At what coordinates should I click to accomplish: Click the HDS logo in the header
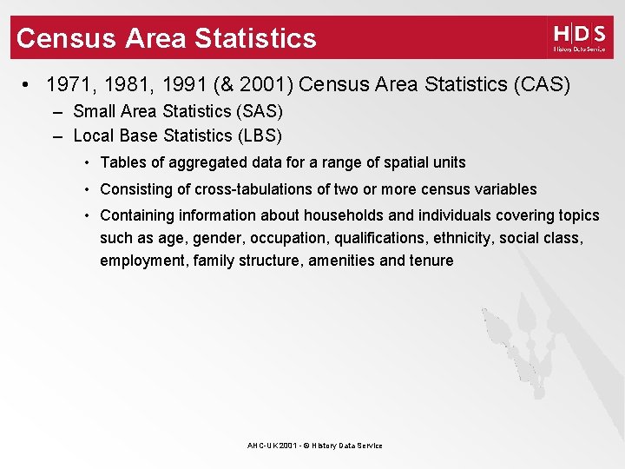[x=579, y=38]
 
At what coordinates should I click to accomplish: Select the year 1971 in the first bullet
[x=66, y=85]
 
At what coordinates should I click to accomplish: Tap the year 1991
[x=172, y=85]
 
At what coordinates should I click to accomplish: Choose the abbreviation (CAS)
[x=542, y=85]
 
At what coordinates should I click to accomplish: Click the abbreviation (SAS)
[x=261, y=111]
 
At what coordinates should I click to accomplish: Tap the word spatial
[x=408, y=162]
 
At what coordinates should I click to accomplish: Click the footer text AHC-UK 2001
[x=273, y=446]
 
